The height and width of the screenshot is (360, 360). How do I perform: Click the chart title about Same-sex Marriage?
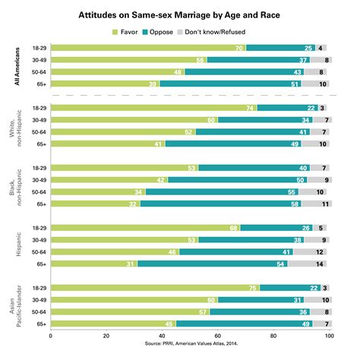tap(180, 14)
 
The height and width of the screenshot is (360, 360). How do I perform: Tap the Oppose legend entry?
tap(180, 32)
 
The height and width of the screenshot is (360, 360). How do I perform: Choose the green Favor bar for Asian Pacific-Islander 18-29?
tap(155, 287)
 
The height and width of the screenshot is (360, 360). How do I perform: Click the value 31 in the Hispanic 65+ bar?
tap(131, 264)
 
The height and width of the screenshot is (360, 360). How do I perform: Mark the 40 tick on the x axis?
tap(162, 335)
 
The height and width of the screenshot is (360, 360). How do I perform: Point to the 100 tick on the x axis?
tap(329, 335)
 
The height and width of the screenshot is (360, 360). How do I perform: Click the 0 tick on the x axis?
tap(50, 335)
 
